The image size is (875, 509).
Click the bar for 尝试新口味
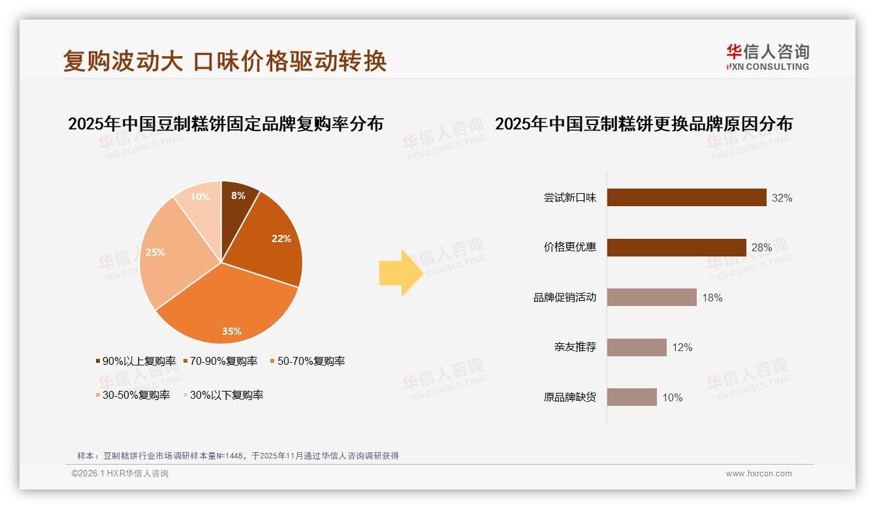coord(686,198)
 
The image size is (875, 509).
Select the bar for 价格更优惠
coord(676,247)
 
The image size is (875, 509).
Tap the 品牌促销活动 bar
coord(652,298)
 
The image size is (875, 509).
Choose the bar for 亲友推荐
coord(637,347)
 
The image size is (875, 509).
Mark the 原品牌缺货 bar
coord(631,397)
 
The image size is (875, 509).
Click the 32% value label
coord(782,198)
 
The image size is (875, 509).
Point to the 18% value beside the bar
coord(712,298)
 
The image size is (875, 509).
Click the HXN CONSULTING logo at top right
coord(767,57)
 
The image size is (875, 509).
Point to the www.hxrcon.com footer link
coord(759,474)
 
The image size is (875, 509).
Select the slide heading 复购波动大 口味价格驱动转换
coord(225,61)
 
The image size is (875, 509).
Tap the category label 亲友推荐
coord(575,347)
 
